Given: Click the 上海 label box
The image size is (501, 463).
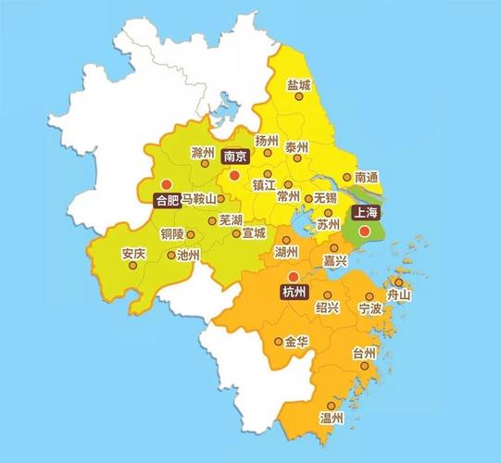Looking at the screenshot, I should pyautogui.click(x=364, y=212).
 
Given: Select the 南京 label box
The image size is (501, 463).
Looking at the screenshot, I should pyautogui.click(x=234, y=157).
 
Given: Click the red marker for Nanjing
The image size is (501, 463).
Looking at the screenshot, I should pyautogui.click(x=234, y=174).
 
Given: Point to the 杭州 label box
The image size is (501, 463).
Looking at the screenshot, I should pyautogui.click(x=292, y=293).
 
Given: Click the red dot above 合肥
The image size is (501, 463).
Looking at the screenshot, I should pyautogui.click(x=167, y=183).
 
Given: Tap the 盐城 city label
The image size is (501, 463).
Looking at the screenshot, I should pyautogui.click(x=299, y=84).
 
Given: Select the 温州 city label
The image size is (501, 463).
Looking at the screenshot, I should pyautogui.click(x=332, y=419).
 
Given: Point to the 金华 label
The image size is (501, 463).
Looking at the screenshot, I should pyautogui.click(x=296, y=342).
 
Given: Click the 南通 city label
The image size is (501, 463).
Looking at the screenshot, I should pyautogui.click(x=367, y=177).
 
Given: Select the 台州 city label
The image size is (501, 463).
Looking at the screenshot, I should pyautogui.click(x=364, y=353).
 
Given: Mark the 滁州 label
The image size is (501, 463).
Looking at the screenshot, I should pyautogui.click(x=202, y=152).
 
